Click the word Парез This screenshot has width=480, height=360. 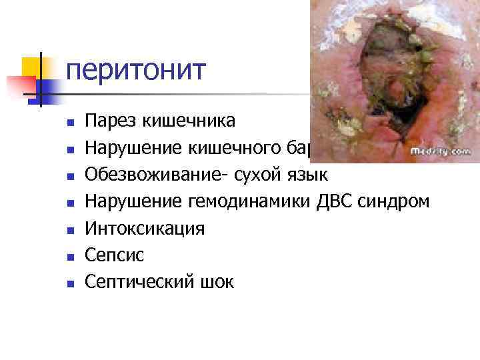(109, 121)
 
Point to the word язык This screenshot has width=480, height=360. (306, 175)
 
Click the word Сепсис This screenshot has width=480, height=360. (115, 255)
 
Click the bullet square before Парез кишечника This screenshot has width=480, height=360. (70, 122)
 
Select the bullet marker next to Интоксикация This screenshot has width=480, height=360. (70, 230)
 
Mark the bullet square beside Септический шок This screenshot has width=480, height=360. (70, 283)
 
